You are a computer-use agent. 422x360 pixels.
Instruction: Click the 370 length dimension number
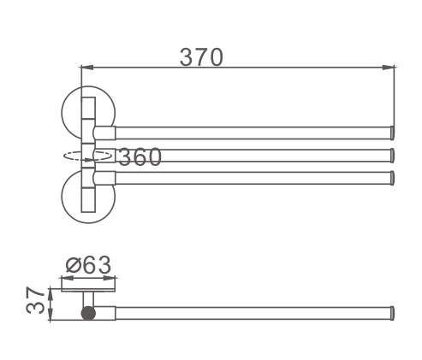pyautogui.click(x=201, y=57)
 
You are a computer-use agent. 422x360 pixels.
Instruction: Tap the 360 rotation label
pyautogui.click(x=140, y=156)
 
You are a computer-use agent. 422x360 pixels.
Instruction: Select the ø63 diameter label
pyautogui.click(x=88, y=265)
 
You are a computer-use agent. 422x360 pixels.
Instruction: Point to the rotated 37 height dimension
pyautogui.click(x=35, y=300)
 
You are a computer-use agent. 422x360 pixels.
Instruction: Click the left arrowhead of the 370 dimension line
pyautogui.click(x=87, y=68)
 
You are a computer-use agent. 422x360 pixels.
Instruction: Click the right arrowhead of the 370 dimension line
pyautogui.click(x=389, y=68)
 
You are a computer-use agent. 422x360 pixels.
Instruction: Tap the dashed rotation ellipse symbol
pyautogui.click(x=87, y=156)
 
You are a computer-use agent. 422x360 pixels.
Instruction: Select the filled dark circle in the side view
pyautogui.click(x=88, y=313)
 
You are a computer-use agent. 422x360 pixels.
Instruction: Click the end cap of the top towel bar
pyautogui.click(x=392, y=133)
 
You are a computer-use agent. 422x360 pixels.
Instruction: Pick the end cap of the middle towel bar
pyautogui.click(x=392, y=156)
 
